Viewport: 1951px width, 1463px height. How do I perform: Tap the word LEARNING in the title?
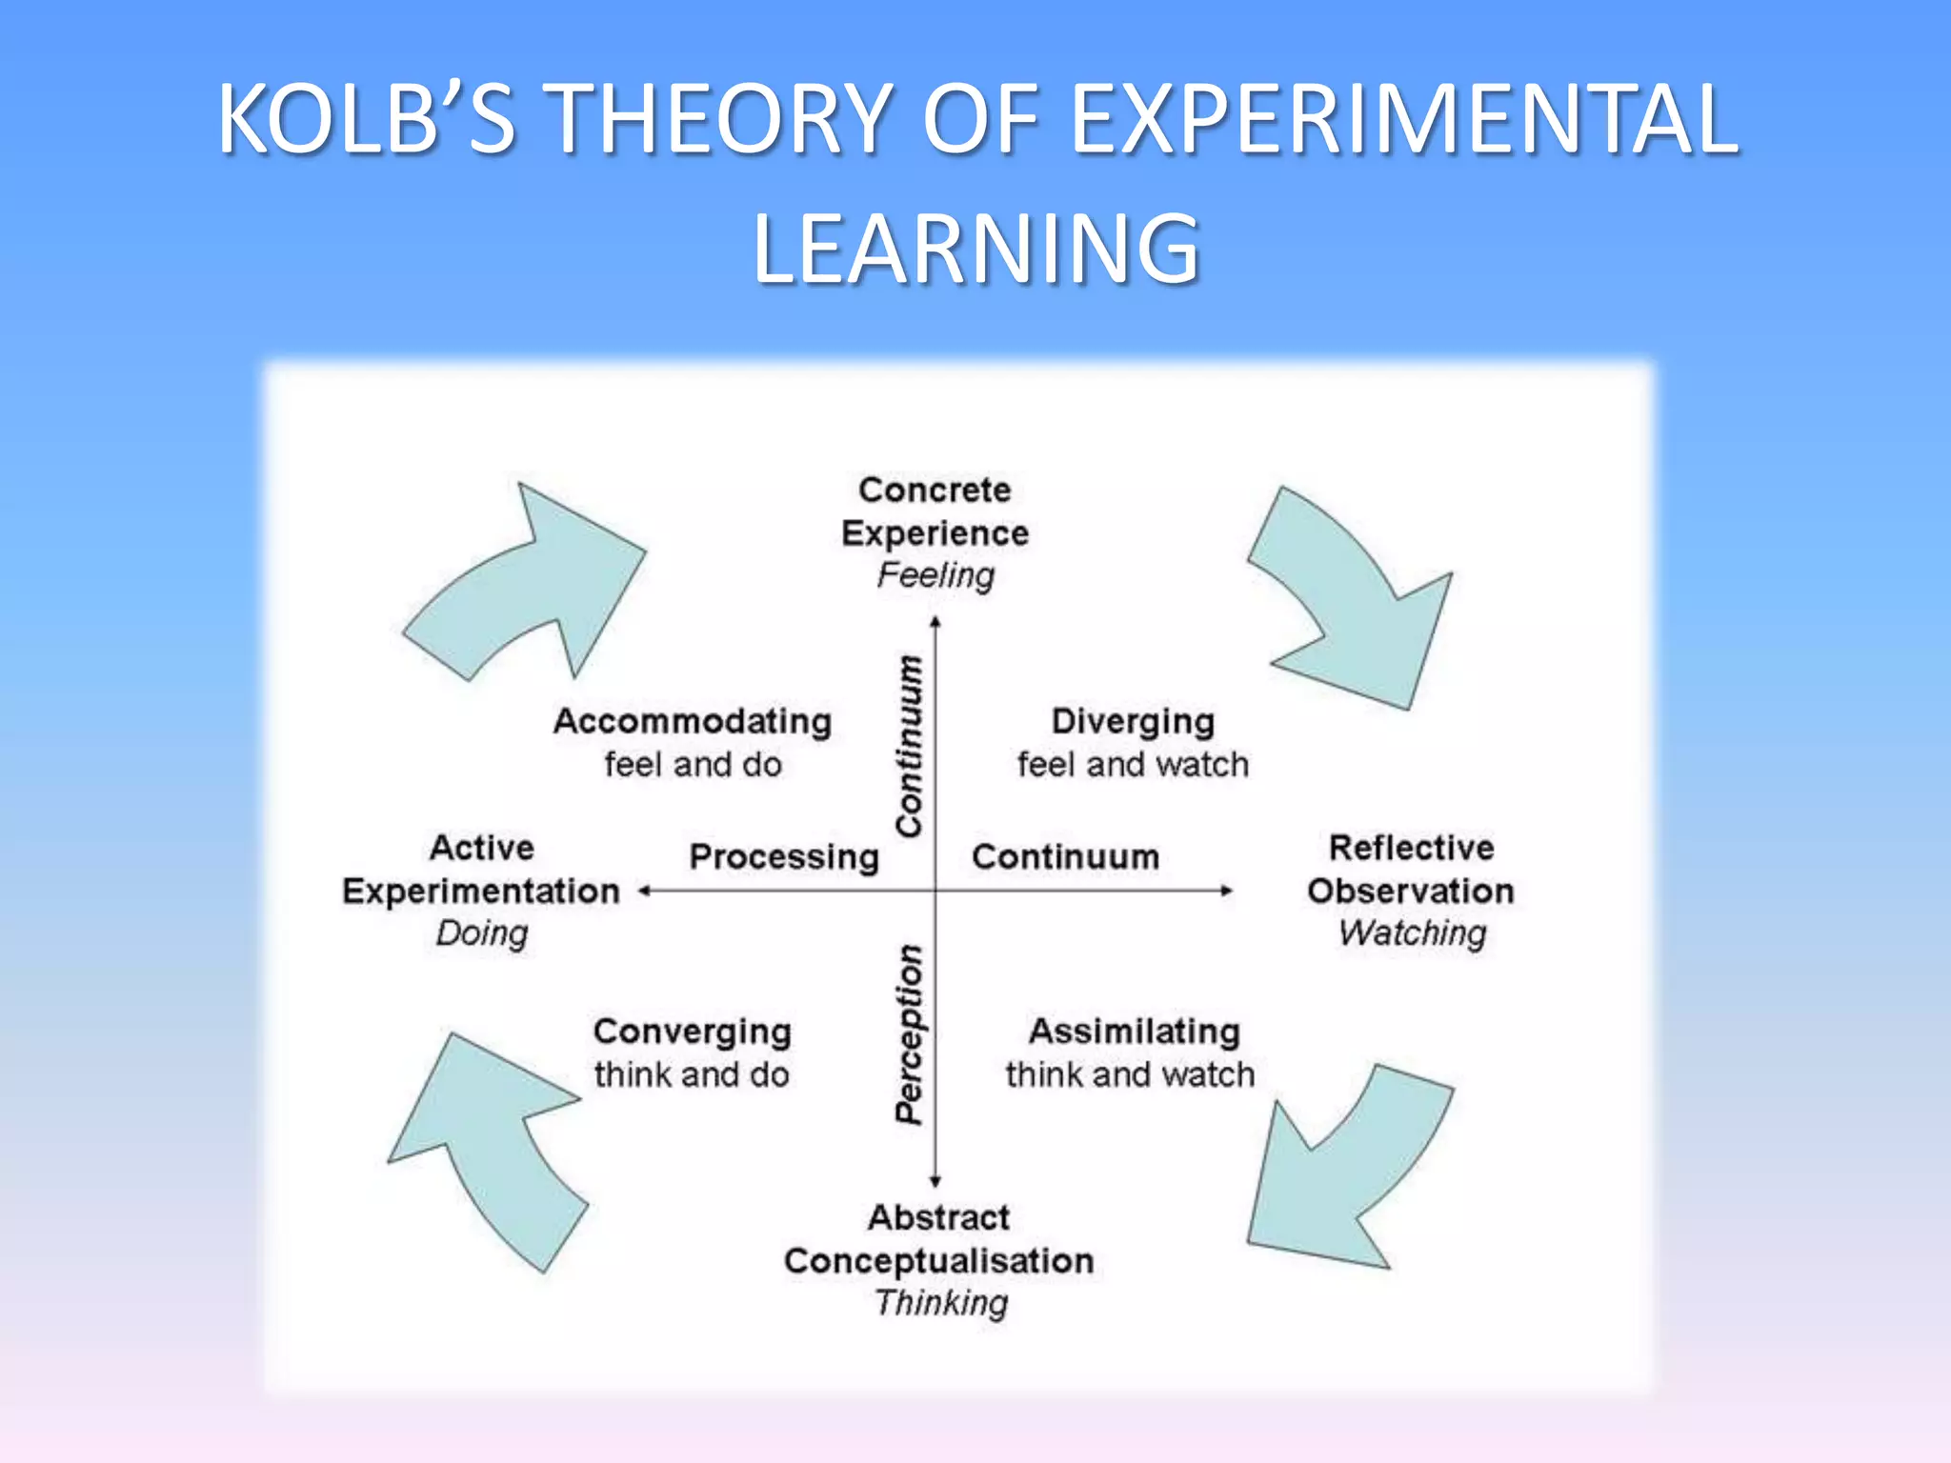[975, 250]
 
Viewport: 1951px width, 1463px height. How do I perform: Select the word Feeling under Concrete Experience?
[935, 575]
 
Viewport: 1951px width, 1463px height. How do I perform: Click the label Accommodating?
[693, 721]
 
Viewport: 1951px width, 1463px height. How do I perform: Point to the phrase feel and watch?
[1133, 764]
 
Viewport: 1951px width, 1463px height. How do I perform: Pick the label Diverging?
[1133, 721]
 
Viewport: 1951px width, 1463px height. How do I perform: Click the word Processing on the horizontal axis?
[784, 856]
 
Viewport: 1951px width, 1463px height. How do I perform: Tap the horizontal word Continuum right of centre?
[1065, 856]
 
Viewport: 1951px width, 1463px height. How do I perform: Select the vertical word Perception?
[910, 1033]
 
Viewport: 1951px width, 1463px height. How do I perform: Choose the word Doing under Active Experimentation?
[482, 932]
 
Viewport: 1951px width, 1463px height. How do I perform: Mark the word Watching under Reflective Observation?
[1412, 932]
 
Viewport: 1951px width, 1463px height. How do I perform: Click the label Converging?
[693, 1032]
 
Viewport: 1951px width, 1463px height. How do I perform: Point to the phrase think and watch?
[1131, 1074]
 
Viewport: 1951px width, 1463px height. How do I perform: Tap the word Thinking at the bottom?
[941, 1302]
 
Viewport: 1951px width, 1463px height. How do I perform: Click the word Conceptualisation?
[938, 1260]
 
